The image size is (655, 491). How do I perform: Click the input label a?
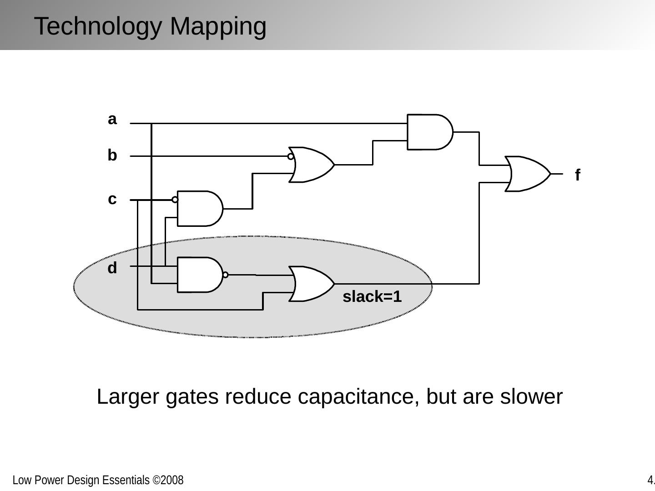click(112, 120)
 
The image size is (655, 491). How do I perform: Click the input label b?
click(112, 155)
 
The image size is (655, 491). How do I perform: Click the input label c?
click(112, 199)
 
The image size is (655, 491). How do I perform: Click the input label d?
click(112, 268)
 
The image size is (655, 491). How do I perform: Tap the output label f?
click(578, 175)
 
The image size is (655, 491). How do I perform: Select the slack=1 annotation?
click(372, 297)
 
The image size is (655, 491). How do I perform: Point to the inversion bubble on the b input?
click(291, 156)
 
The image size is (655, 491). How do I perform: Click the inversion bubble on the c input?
click(175, 200)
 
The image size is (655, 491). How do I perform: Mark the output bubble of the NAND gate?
click(225, 275)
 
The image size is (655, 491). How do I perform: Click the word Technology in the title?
click(98, 26)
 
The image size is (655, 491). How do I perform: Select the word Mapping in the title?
click(218, 26)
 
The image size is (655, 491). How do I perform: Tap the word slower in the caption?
click(531, 397)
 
